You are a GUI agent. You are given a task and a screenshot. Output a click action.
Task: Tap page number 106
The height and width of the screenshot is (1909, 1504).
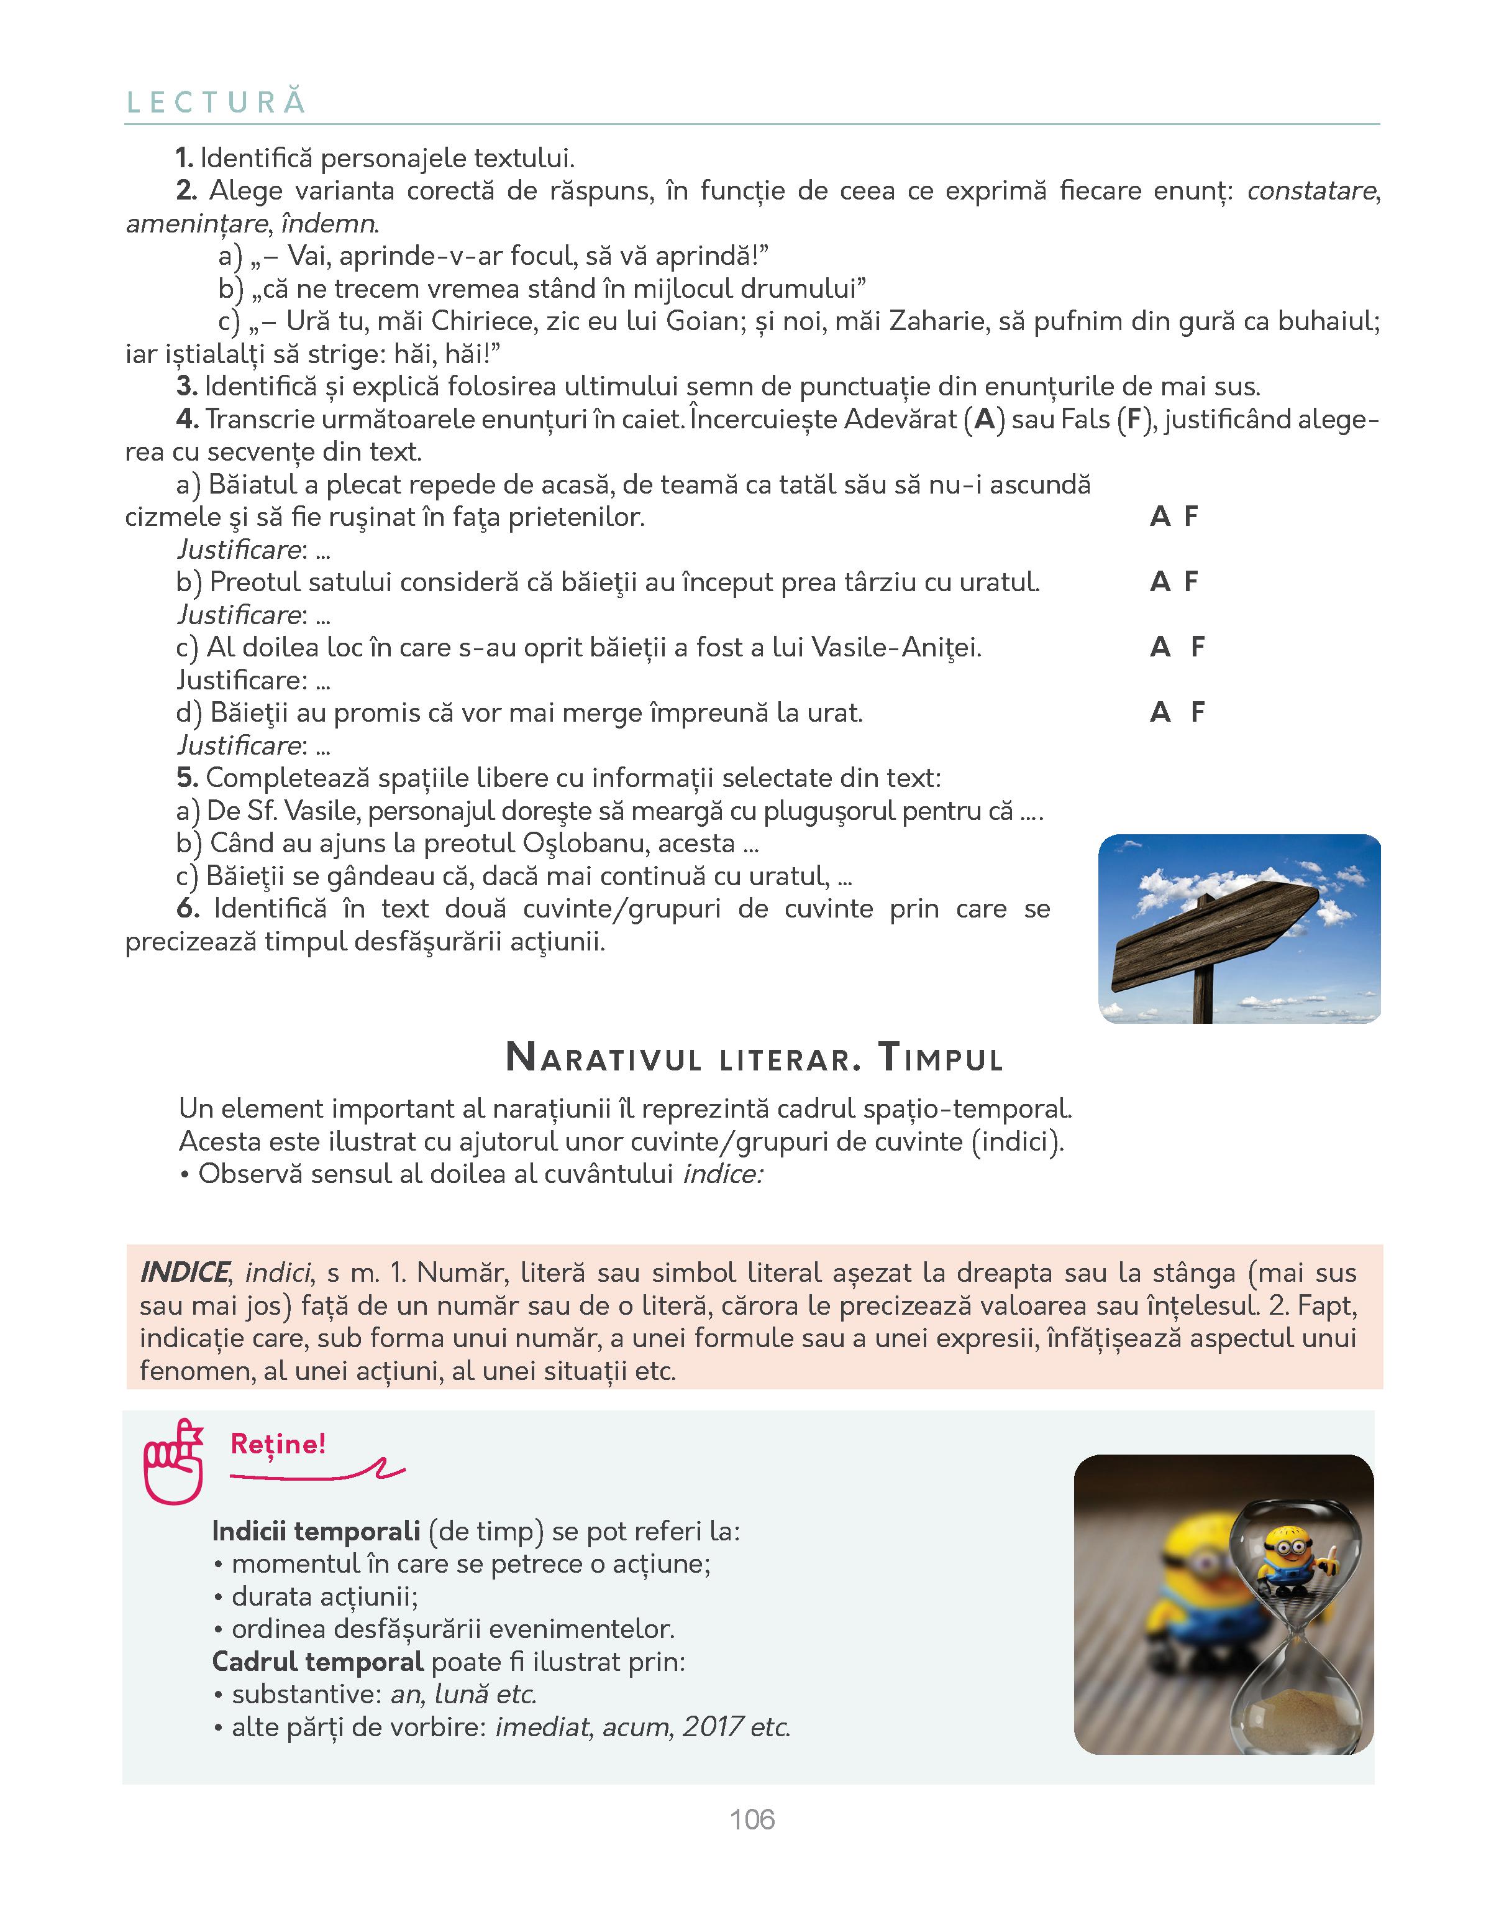click(752, 1819)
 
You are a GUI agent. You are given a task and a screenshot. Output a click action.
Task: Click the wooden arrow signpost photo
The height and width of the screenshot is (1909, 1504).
click(1238, 929)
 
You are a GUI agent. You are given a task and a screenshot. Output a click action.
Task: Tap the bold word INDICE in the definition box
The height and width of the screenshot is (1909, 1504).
click(184, 1273)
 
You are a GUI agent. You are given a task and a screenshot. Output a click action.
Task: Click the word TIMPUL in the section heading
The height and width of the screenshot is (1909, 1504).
click(941, 1058)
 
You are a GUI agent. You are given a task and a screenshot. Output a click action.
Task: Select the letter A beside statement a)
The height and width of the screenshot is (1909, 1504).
click(1160, 517)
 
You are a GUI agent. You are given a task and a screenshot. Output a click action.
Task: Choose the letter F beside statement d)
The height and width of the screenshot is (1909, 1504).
click(1198, 712)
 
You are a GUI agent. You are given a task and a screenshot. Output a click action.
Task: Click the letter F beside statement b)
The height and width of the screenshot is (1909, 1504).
click(1192, 582)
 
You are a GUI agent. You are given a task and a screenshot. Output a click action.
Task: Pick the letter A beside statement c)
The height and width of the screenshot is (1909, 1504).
click(1160, 648)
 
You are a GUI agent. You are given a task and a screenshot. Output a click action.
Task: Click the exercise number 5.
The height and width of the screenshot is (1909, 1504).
click(186, 778)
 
